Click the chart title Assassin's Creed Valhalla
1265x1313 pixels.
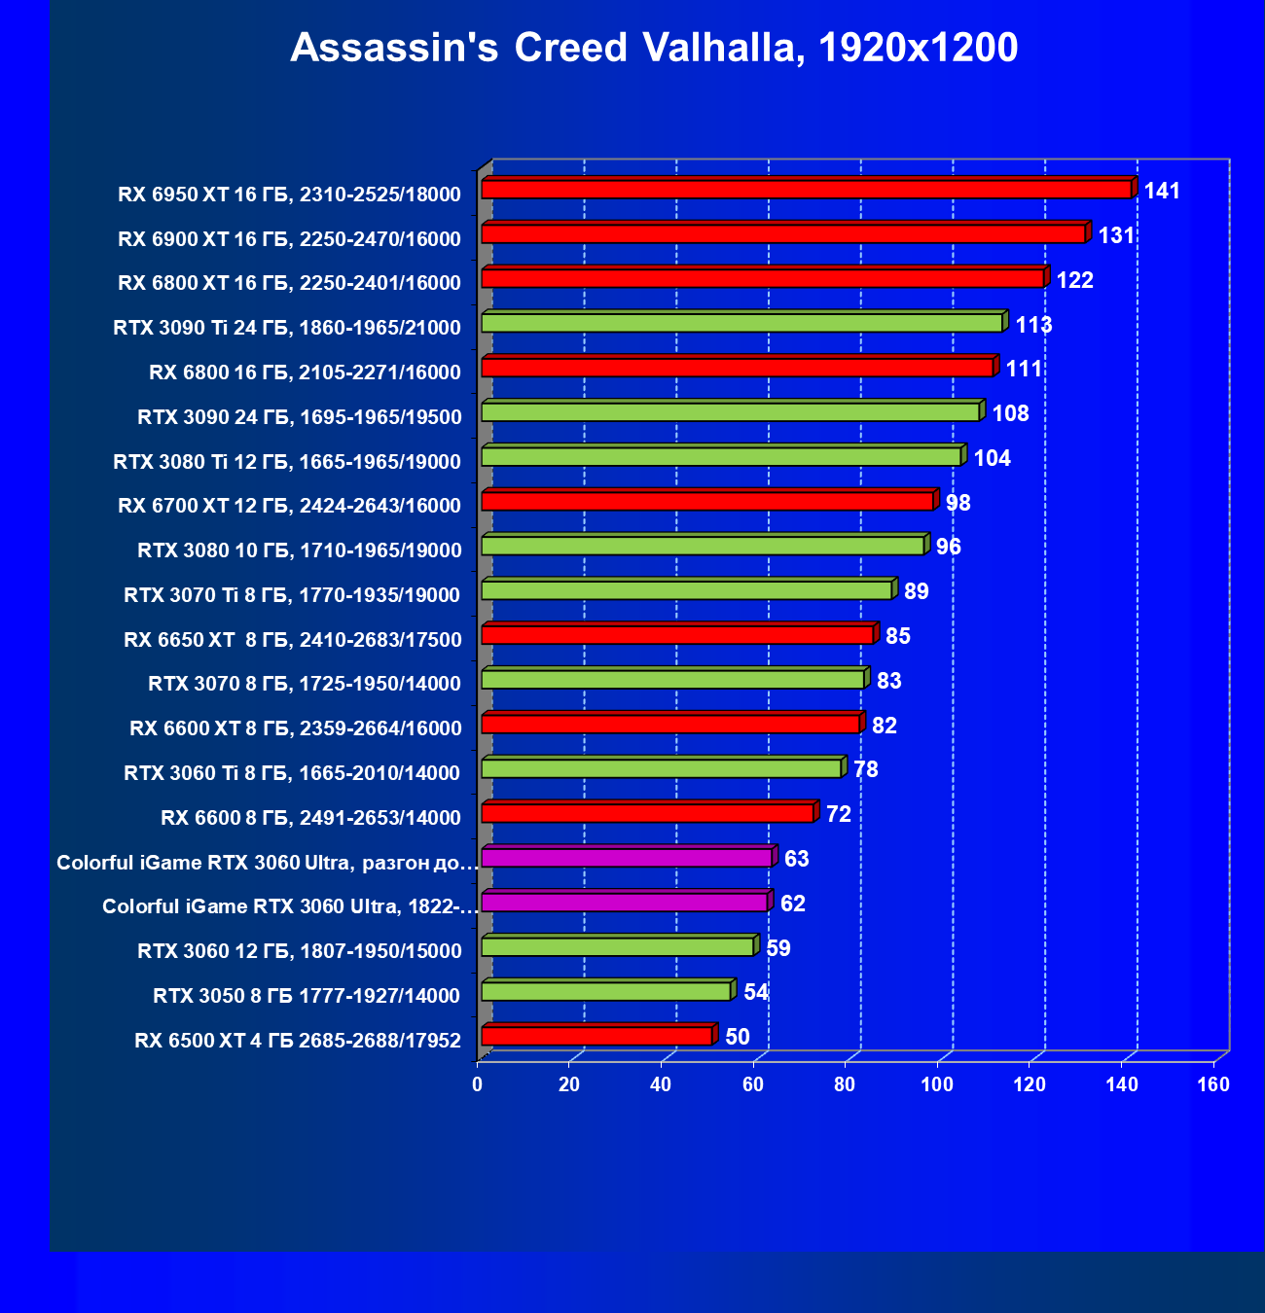click(654, 48)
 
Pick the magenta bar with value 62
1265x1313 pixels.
click(624, 903)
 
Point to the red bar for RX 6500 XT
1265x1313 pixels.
click(596, 1037)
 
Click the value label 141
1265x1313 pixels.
click(1162, 191)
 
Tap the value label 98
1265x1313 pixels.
click(958, 503)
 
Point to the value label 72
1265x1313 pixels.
click(839, 815)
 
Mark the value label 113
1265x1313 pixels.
click(1033, 325)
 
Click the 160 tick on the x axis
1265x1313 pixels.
click(1213, 1085)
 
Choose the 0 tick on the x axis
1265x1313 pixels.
click(478, 1085)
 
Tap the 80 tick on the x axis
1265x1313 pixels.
click(846, 1085)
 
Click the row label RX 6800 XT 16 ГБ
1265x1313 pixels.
click(289, 283)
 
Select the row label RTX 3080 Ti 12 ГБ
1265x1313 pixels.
click(287, 462)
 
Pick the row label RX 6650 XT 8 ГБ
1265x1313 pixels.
click(293, 640)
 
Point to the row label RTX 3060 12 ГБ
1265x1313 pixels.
click(300, 951)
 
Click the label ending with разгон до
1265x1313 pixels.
click(268, 863)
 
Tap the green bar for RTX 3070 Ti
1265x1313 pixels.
click(686, 590)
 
